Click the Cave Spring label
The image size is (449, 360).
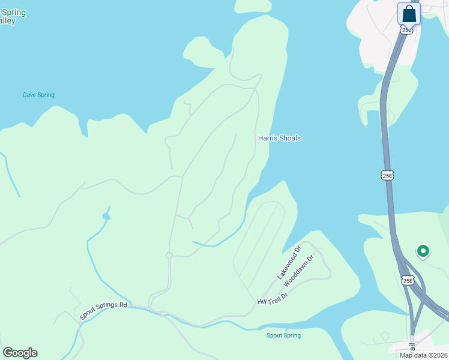pos(38,95)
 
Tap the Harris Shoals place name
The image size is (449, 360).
pos(279,138)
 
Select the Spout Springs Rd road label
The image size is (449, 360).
pos(104,310)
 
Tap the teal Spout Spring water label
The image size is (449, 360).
pos(283,335)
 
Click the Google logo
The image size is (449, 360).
pos(20,353)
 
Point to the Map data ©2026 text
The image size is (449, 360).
pos(423,355)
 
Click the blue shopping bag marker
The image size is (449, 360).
pos(409,14)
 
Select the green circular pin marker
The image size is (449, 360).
pos(423,251)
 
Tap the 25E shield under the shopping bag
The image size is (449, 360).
pos(407,29)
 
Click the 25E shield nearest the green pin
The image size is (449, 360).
pos(408,280)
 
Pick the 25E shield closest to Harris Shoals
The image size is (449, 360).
pos(388,175)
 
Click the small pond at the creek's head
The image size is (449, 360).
pos(106,216)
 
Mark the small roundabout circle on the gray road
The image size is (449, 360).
pos(169,256)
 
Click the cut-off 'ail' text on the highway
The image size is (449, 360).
pos(412,346)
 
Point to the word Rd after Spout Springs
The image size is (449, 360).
pos(123,305)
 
